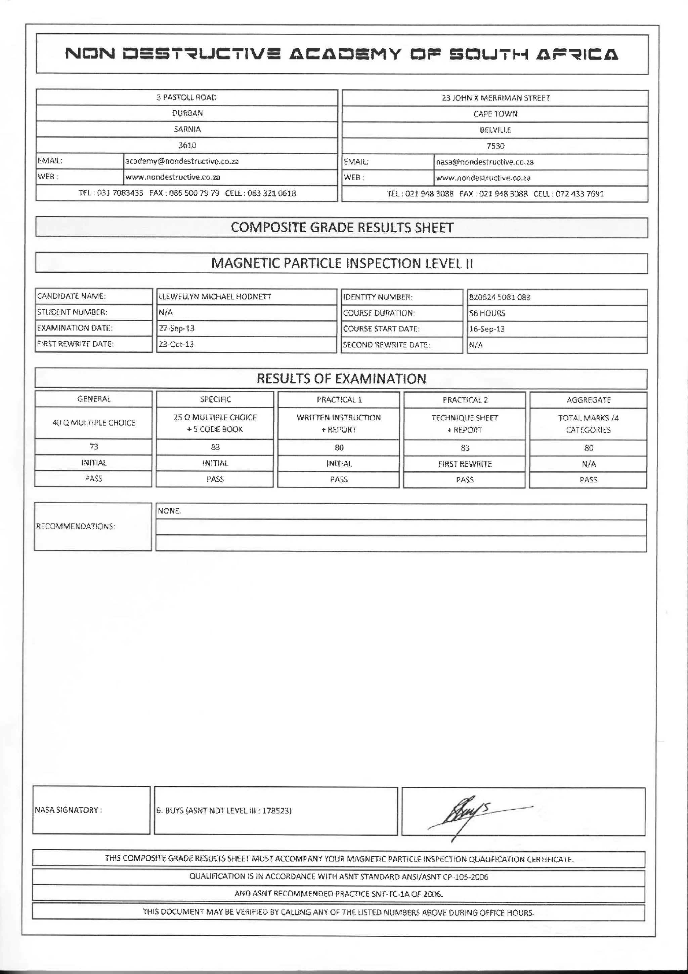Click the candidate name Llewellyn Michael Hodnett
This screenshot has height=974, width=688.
pyautogui.click(x=215, y=297)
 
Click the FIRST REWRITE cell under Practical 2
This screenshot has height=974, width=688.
pyautogui.click(x=465, y=464)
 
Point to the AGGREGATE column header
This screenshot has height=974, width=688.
pyautogui.click(x=588, y=400)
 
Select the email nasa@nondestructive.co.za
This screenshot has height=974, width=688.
pyautogui.click(x=484, y=162)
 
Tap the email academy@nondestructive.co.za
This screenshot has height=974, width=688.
pyautogui.click(x=182, y=161)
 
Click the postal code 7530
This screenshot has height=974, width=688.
pyautogui.click(x=495, y=146)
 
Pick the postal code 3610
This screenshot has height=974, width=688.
pyautogui.click(x=187, y=146)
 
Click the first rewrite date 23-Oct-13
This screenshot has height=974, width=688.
pyautogui.click(x=176, y=344)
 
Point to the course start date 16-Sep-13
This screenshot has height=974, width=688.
pyautogui.click(x=487, y=329)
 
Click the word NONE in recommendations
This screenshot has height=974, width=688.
pyautogui.click(x=169, y=511)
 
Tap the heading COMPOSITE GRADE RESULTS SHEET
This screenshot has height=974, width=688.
pyautogui.click(x=342, y=228)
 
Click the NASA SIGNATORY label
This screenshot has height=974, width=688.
pyautogui.click(x=68, y=810)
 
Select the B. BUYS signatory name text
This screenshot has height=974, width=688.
pyautogui.click(x=224, y=811)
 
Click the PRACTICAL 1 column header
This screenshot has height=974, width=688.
pyautogui.click(x=339, y=400)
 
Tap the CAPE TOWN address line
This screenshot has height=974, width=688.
pyautogui.click(x=495, y=114)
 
